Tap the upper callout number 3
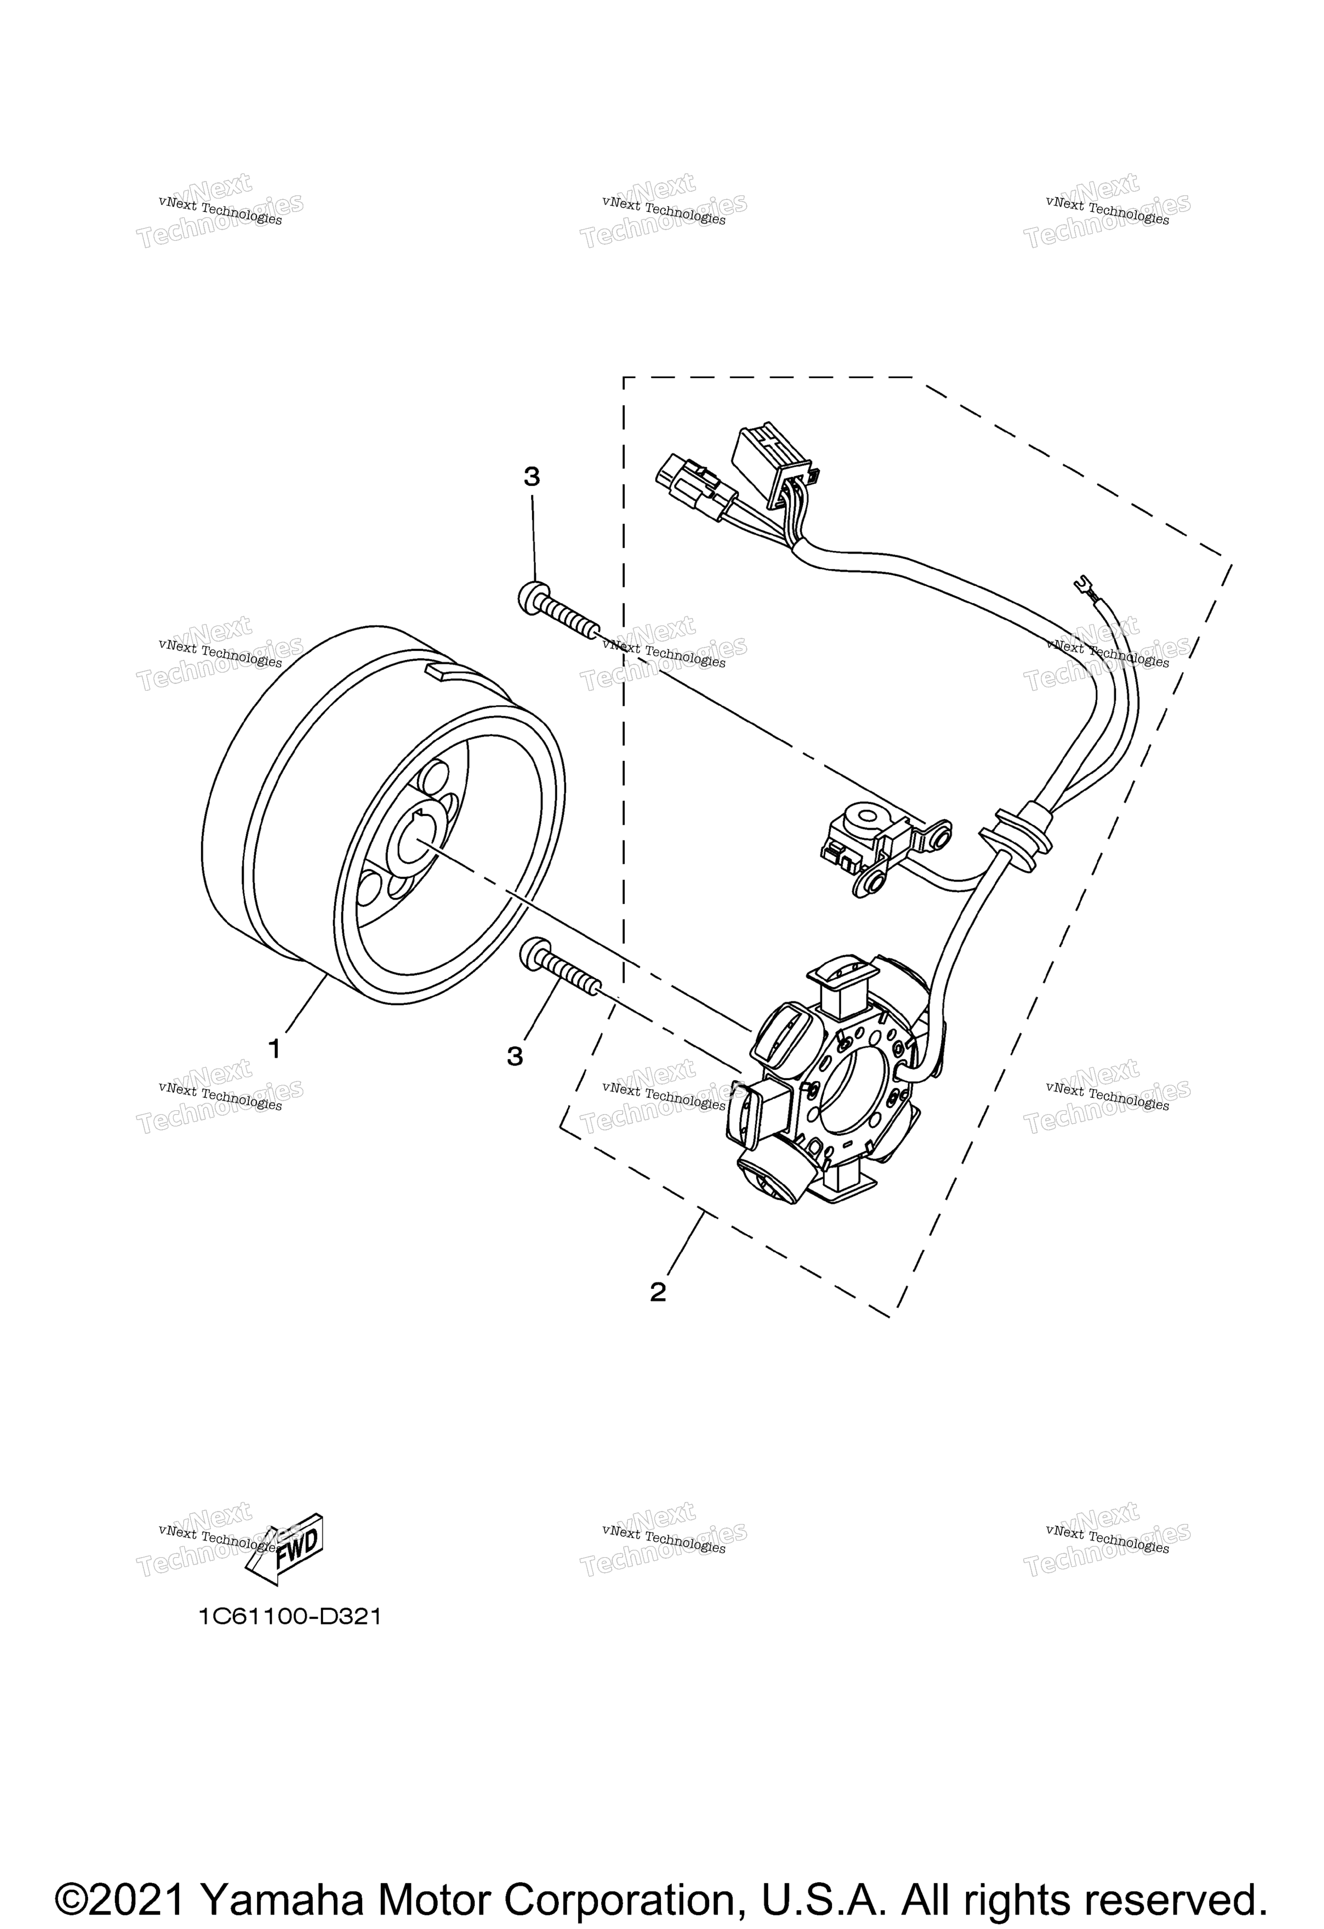[531, 477]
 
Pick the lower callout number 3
[515, 1057]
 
